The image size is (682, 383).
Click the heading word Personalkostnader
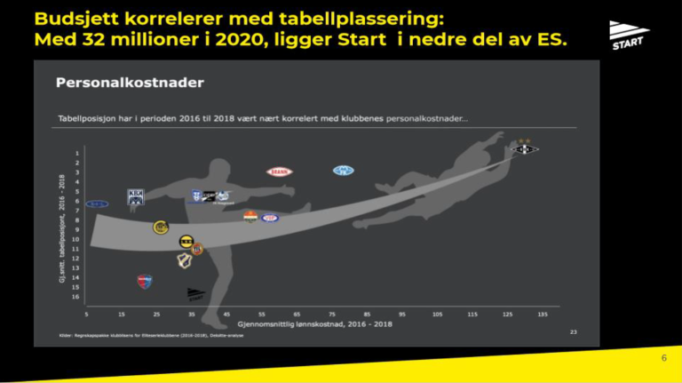(x=130, y=83)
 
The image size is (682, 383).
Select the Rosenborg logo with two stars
(x=525, y=148)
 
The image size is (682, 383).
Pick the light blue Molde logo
(x=343, y=171)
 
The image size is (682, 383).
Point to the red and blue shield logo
(x=145, y=281)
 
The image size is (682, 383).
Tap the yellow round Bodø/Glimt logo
(x=161, y=227)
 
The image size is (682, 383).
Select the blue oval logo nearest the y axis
(x=97, y=204)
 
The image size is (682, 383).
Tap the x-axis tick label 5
(x=86, y=314)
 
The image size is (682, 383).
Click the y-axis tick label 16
(x=77, y=297)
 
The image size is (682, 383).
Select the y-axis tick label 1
(x=77, y=153)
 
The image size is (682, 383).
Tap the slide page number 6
(x=663, y=357)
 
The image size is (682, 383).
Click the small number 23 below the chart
(x=574, y=331)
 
